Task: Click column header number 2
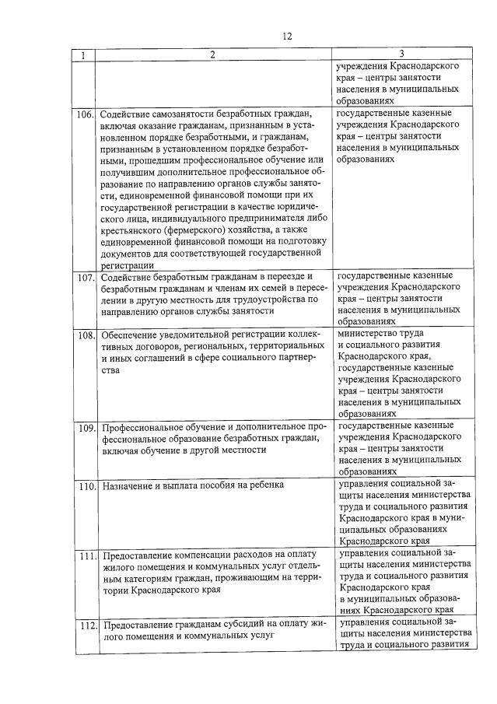tap(212, 54)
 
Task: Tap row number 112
tap(85, 625)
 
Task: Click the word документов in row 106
tap(127, 253)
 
